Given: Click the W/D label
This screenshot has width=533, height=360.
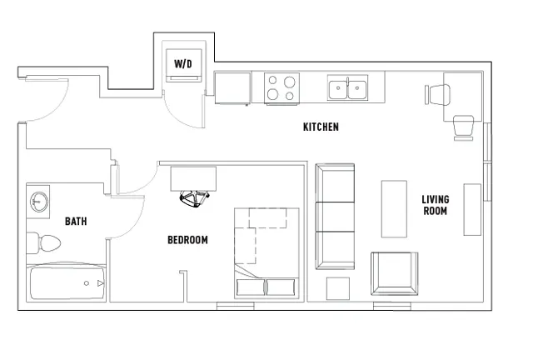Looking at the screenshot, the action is (x=183, y=63).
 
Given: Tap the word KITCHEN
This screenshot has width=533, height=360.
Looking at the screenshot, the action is (x=321, y=127).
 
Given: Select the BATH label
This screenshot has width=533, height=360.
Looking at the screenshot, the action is (x=76, y=222).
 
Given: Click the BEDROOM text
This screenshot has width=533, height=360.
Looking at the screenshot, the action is (x=187, y=240).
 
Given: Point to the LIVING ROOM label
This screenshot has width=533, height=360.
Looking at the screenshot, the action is (x=436, y=205).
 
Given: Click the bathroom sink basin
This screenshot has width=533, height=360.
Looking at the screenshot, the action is (x=39, y=202).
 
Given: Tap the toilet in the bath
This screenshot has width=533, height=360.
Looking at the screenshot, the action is (x=43, y=243).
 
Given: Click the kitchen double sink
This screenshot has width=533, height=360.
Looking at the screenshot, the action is (x=347, y=87).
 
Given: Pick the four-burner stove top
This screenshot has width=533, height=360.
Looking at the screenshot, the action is (x=281, y=87).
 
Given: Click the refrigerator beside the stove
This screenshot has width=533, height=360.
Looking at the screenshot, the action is (x=232, y=87).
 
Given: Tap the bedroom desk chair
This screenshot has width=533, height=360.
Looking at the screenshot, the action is (x=194, y=198).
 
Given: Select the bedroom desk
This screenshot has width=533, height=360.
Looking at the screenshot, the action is (x=193, y=178).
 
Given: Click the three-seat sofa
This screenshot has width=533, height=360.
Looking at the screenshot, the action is (x=335, y=217).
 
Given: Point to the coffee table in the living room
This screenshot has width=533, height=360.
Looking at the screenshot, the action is (x=394, y=209).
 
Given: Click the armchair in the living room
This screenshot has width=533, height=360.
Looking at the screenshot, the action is (x=394, y=273).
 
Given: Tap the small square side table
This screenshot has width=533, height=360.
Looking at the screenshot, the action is (x=338, y=288).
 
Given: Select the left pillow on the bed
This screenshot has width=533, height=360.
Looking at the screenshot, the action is (x=250, y=287).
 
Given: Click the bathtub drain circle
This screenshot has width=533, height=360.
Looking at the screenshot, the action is (x=87, y=283).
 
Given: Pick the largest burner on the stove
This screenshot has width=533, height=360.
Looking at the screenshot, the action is (x=290, y=82).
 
